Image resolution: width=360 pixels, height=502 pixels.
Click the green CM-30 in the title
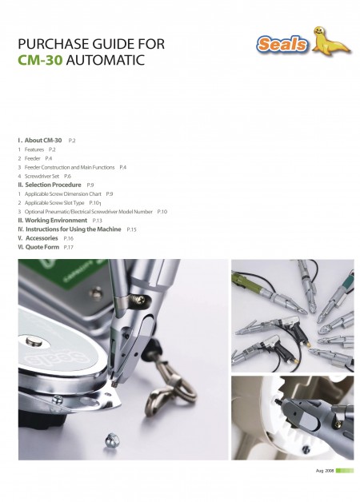[40, 60]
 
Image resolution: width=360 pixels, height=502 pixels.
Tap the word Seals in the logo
[282, 44]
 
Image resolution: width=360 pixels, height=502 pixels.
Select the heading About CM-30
[43, 140]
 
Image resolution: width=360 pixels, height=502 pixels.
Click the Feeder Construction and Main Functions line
[70, 167]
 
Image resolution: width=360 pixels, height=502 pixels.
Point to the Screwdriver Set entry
[42, 176]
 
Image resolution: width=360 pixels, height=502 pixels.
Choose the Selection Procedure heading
[53, 185]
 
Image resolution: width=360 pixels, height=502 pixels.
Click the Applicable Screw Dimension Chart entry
[62, 193]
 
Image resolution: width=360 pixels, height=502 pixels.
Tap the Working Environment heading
[56, 221]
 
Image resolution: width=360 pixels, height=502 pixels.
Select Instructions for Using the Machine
[74, 229]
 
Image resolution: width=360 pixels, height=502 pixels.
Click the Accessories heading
[42, 238]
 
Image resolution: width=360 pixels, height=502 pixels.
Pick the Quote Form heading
[42, 247]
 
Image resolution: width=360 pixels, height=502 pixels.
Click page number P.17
[69, 247]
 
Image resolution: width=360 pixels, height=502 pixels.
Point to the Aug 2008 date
[325, 471]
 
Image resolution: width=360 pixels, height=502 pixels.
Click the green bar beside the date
[345, 471]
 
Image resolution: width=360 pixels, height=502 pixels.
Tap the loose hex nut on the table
[111, 440]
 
